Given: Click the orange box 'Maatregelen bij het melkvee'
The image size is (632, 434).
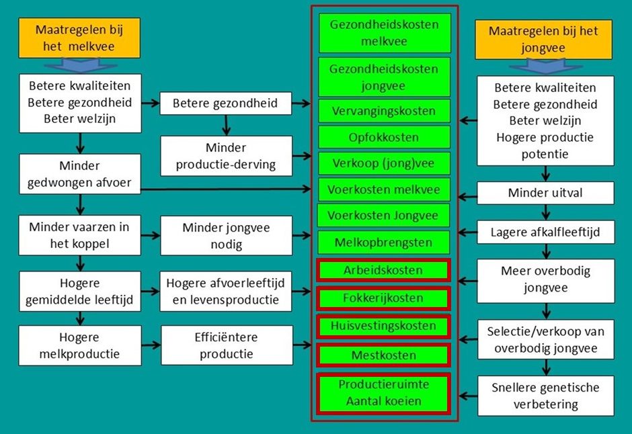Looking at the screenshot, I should [79, 38].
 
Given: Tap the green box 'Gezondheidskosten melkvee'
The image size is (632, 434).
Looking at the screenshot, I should [385, 33].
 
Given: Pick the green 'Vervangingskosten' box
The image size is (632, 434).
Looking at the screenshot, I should [385, 111].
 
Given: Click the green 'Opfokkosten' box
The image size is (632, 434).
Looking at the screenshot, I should [385, 138].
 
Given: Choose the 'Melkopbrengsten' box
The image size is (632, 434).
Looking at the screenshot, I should [385, 242].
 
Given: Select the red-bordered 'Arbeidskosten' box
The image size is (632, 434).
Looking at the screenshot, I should [383, 270].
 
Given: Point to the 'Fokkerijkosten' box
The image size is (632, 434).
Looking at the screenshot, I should [383, 298].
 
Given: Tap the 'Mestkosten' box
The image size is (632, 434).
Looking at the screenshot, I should [383, 355].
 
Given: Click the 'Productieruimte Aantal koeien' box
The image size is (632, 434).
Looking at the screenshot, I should [383, 392].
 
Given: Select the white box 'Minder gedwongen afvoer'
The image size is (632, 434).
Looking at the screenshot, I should [80, 174].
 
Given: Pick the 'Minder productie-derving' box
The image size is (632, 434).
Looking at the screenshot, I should [227, 157].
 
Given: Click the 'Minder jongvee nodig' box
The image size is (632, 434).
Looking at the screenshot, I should [227, 236].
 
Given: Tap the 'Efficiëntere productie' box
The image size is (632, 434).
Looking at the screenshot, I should [227, 345].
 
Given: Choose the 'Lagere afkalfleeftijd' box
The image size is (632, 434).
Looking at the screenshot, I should [545, 232].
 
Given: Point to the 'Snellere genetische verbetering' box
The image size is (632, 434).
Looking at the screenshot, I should [545, 396].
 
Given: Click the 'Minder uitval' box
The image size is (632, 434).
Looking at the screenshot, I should [545, 193].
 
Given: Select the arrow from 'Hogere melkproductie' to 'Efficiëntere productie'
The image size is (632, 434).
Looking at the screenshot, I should [151, 345].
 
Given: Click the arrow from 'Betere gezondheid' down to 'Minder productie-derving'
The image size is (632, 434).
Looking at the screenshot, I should [227, 124].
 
